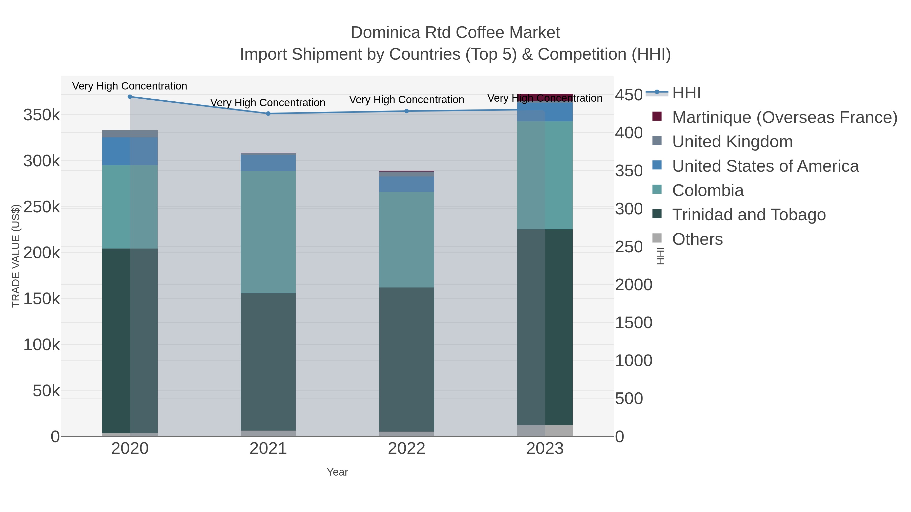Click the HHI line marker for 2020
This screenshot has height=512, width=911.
coord(130,97)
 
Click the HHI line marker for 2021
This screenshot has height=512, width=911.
coord(268,114)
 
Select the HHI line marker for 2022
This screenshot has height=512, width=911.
coord(406,111)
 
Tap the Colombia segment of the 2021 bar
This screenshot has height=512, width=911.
coord(268,232)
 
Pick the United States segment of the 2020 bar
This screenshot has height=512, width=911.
coord(130,151)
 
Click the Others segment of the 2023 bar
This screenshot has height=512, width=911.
coord(545,430)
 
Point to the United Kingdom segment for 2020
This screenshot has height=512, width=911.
coord(130,133)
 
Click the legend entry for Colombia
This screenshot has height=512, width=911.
coord(708,190)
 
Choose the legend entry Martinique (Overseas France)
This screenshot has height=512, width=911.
coord(784,117)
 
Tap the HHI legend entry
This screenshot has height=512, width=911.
coord(686,93)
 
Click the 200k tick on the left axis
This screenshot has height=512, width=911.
coord(42,253)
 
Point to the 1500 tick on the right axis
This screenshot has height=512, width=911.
coord(633,323)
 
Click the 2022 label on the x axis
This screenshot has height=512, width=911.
coord(406,448)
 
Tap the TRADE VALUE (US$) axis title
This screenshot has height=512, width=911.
coord(16,256)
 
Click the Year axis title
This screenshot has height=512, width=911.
coord(337,472)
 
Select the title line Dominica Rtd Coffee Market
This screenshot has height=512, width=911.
coord(455,33)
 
